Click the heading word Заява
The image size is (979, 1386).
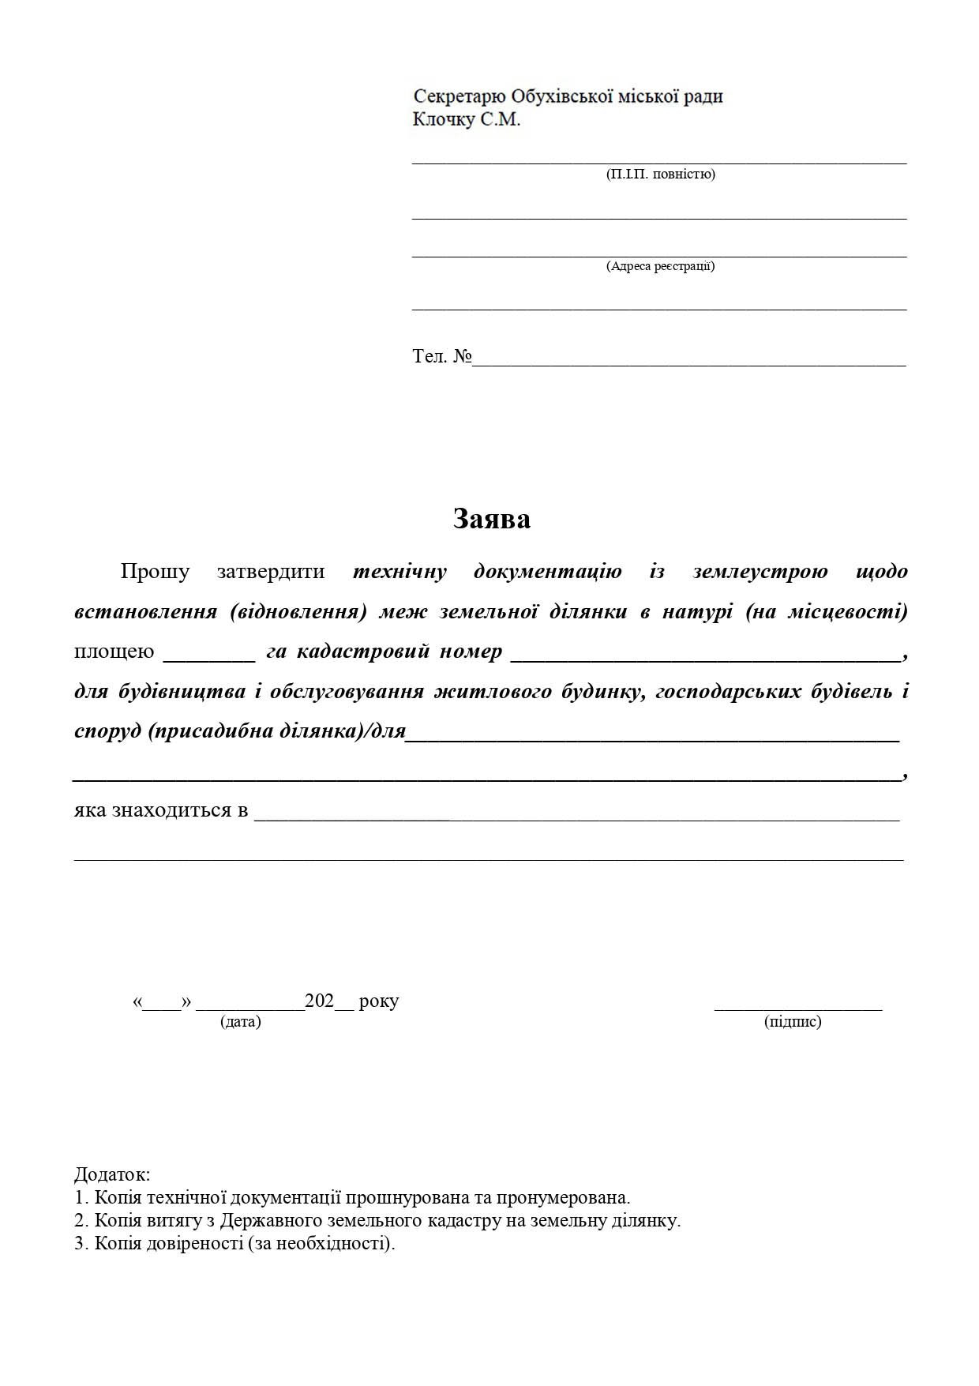[x=491, y=519]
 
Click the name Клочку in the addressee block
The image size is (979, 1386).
[x=444, y=120]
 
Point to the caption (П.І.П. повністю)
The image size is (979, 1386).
[x=660, y=174]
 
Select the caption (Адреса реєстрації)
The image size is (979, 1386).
[x=660, y=266]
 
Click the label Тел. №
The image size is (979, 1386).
[x=441, y=356]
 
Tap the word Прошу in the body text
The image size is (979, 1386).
[x=155, y=571]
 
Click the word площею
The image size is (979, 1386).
[x=114, y=652]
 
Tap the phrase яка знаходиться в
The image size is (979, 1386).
[x=161, y=810]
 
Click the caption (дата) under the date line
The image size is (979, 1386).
[x=241, y=1022]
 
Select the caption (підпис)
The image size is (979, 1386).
[x=793, y=1022]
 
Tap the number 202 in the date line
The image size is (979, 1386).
[x=320, y=1001]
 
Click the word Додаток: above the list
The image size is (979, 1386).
[x=112, y=1174]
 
